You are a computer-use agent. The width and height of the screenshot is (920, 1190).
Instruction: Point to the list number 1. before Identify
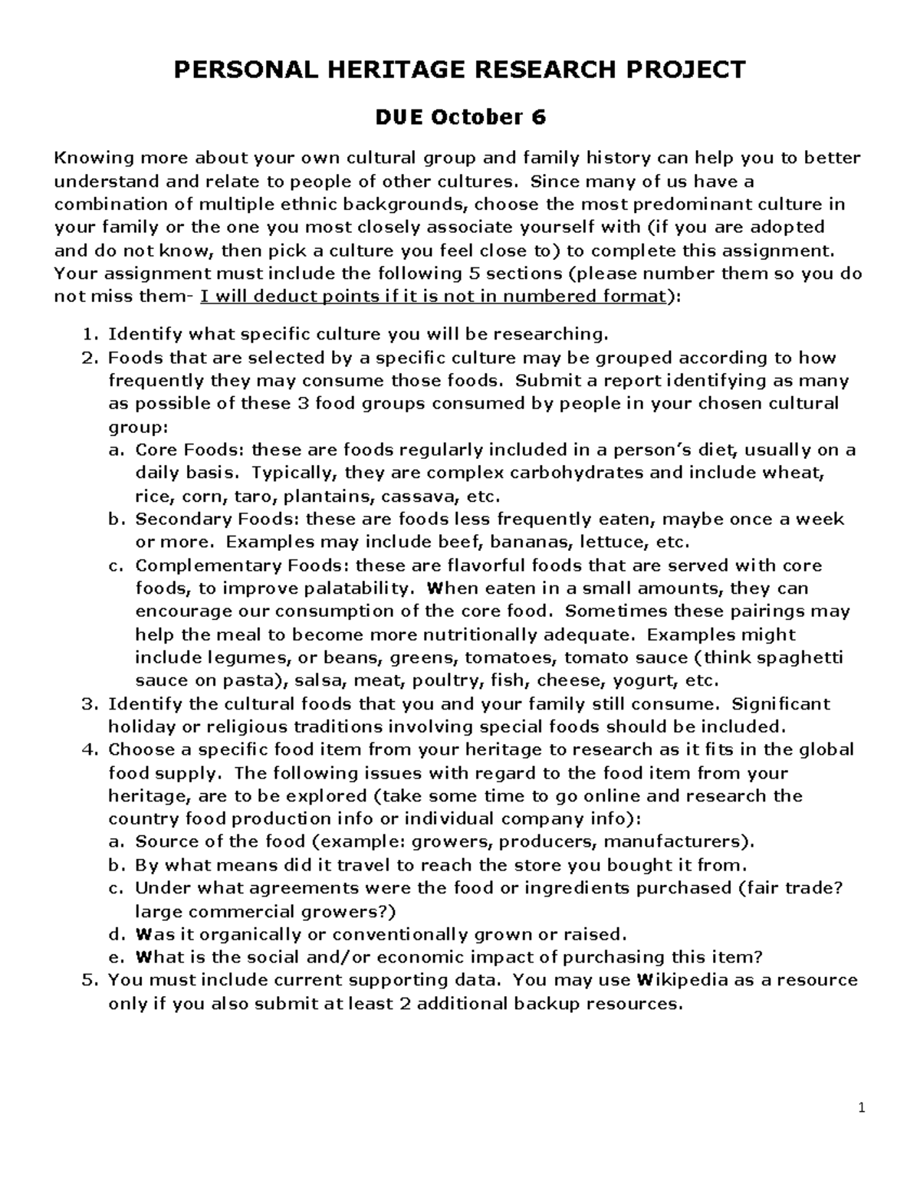tap(90, 334)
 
